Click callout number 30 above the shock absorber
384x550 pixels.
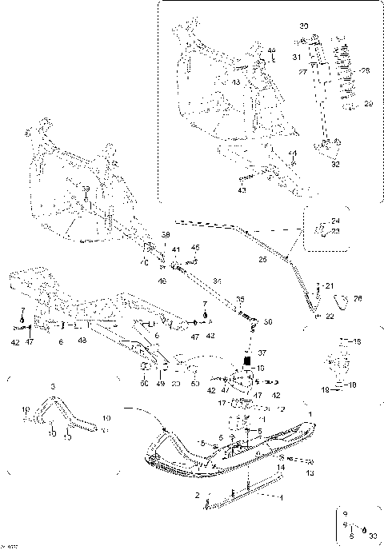pyautogui.click(x=303, y=27)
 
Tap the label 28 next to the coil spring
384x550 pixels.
pyautogui.click(x=367, y=70)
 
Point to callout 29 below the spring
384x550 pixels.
pyautogui.click(x=369, y=104)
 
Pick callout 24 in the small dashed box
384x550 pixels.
pyautogui.click(x=335, y=221)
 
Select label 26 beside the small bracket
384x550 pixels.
pyautogui.click(x=358, y=298)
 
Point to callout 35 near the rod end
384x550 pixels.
pyautogui.click(x=238, y=299)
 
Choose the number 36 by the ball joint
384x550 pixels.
pyautogui.click(x=267, y=322)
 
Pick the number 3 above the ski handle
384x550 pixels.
pyautogui.click(x=53, y=386)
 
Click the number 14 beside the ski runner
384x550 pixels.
pyautogui.click(x=281, y=467)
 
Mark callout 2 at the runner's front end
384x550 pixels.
pyautogui.click(x=197, y=496)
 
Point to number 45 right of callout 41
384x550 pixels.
pyautogui.click(x=195, y=249)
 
